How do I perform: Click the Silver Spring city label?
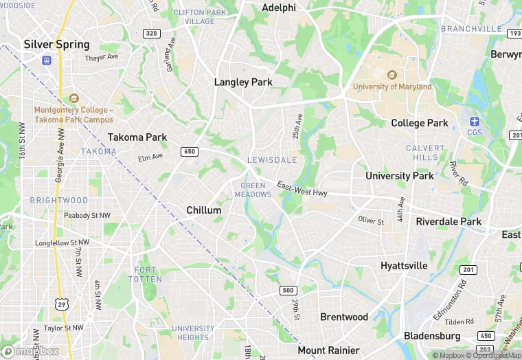56,44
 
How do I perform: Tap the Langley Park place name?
243,82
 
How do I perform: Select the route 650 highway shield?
190,151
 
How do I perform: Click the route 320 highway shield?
151,33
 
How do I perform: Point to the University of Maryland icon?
392,75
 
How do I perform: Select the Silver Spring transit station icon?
47,60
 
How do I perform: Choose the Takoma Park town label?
137,137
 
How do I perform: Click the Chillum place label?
204,210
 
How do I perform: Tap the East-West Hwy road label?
302,188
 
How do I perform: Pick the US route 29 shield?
62,304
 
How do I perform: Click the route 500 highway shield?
288,291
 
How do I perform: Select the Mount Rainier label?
328,350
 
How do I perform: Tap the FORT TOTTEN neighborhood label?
146,274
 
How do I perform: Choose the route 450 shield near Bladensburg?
486,336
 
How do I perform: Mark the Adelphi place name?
279,8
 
